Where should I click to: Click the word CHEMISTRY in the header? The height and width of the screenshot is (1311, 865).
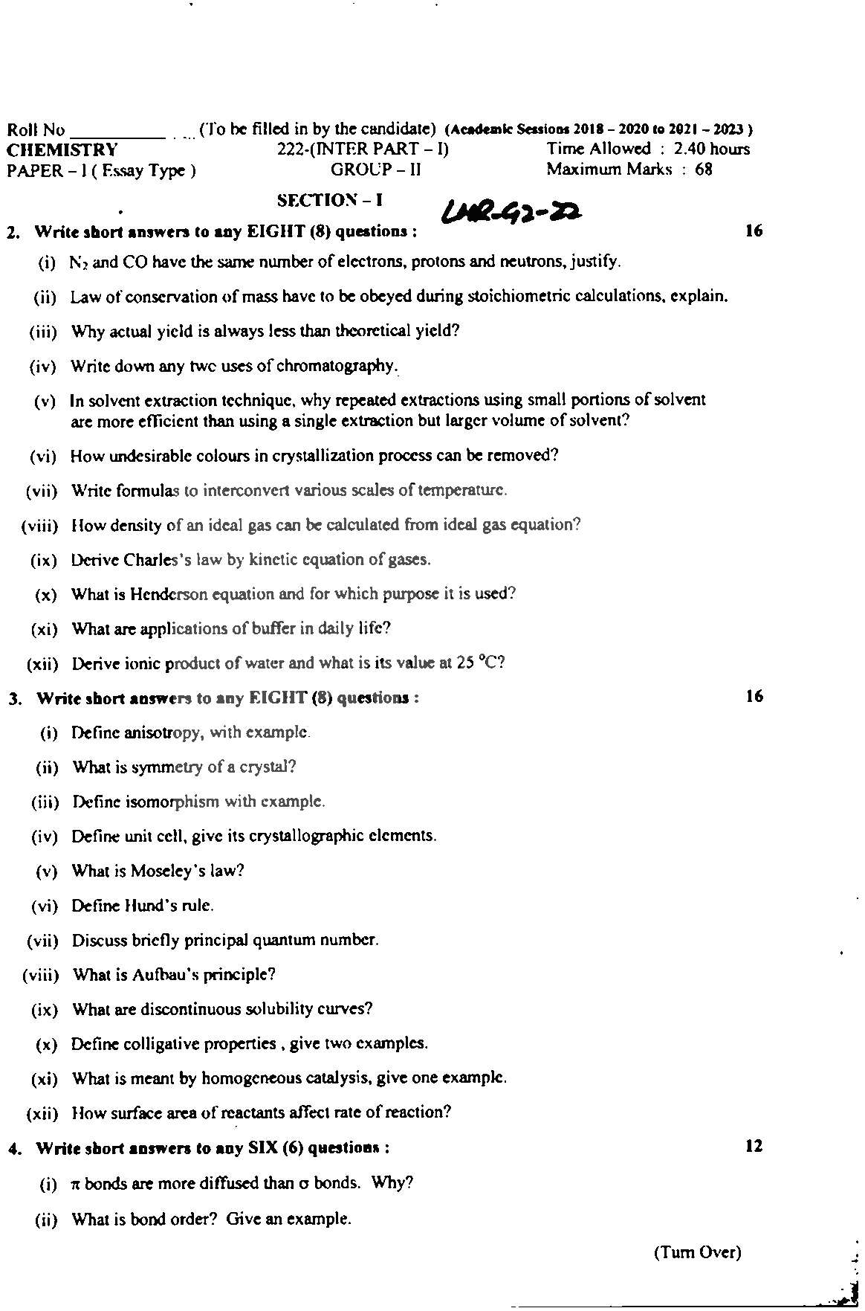pos(62,150)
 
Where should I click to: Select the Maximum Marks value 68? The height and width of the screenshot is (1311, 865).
pos(704,170)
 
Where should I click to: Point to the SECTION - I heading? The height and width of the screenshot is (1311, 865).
pos(329,201)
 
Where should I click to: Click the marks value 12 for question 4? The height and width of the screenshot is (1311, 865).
pos(754,1147)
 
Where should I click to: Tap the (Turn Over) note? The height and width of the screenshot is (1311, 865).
pos(697,1252)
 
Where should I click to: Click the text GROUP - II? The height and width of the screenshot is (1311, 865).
pos(375,170)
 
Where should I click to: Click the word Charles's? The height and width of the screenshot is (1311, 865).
pos(161,559)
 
